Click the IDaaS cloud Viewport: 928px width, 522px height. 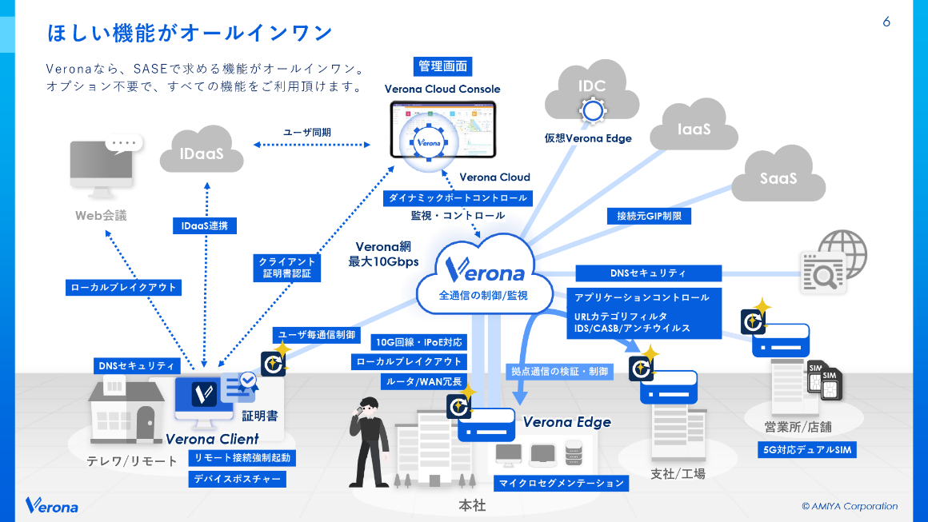202,150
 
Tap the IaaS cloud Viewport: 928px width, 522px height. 694,126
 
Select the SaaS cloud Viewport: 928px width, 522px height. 778,177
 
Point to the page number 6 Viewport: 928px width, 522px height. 886,22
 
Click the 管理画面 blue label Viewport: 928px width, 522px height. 442,66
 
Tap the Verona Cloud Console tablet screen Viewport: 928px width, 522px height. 442,130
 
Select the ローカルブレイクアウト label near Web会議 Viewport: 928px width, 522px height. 123,287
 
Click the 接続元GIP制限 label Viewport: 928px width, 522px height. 649,216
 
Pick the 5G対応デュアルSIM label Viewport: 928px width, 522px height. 806,450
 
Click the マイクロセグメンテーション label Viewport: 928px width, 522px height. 561,483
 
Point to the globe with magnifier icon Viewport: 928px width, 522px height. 833,261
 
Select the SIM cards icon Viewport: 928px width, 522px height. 826,381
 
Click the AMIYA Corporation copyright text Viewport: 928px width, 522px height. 850,506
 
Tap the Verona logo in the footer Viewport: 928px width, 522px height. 52,505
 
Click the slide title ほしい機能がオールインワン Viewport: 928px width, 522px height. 190,33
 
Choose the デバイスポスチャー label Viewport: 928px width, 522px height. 238,479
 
